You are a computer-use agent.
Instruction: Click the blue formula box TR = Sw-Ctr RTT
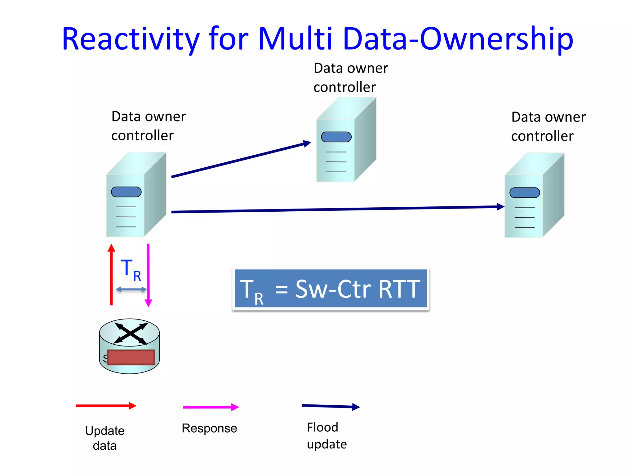[x=331, y=289]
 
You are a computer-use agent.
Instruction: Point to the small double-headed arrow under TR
[x=131, y=289]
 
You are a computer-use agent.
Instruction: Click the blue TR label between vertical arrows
[x=131, y=270]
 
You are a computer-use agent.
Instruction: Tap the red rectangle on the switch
[x=131, y=357]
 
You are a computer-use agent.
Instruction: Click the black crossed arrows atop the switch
[x=131, y=333]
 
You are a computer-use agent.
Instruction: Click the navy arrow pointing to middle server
[x=240, y=160]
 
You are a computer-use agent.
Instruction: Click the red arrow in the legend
[x=106, y=406]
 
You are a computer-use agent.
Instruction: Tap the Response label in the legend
[x=209, y=428]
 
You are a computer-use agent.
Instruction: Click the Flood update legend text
[x=326, y=436]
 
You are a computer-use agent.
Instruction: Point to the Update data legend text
[x=105, y=438]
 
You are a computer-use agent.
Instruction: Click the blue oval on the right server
[x=525, y=192]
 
